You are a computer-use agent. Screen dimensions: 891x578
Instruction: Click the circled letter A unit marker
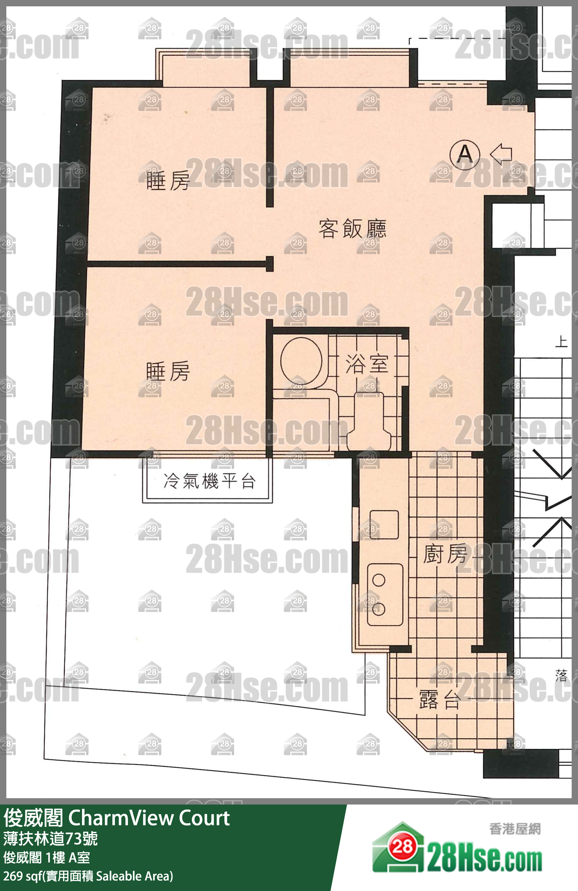[464, 154]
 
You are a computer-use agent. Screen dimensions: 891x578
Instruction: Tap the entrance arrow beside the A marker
[501, 154]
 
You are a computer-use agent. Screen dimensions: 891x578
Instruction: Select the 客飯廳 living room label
[352, 228]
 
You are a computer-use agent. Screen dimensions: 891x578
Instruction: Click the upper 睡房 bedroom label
[167, 181]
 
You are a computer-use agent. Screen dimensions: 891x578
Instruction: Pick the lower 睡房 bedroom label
[167, 371]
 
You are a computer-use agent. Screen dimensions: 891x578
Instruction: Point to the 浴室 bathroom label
[367, 364]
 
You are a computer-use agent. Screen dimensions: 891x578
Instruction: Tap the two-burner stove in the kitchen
[385, 595]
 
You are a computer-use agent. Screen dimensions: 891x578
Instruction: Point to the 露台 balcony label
[439, 699]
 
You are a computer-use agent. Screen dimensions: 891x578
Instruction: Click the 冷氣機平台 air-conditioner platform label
[210, 481]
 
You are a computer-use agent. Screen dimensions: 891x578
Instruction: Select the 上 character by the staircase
[561, 341]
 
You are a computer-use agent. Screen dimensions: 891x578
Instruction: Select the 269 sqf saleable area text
[88, 876]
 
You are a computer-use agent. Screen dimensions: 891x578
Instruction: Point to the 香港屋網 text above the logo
[515, 829]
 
